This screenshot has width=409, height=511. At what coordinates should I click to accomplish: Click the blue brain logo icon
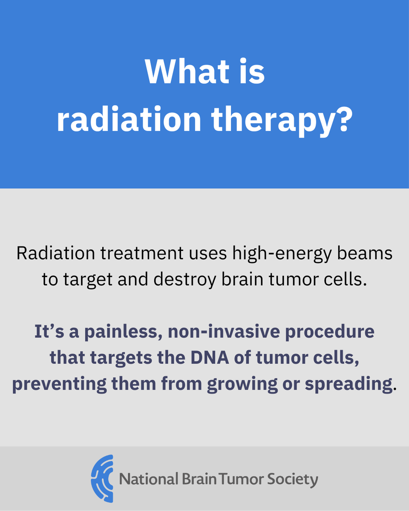102,479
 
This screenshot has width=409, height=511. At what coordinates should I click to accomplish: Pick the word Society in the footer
293,479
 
